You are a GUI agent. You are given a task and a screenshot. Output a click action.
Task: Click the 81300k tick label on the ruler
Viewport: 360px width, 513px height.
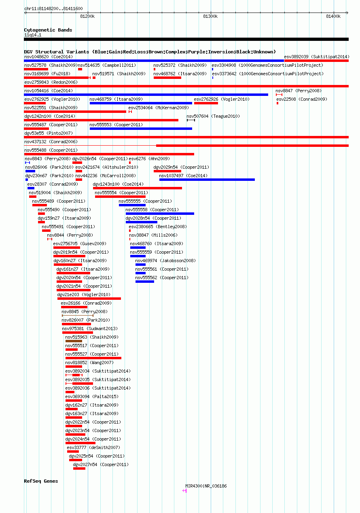coord(210,16)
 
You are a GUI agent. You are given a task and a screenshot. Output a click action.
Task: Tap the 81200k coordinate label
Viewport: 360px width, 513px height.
coord(87,16)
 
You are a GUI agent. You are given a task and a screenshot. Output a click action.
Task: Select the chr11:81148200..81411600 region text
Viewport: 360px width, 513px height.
coord(53,8)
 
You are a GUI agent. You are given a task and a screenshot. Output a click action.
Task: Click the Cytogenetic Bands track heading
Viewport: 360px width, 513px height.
coord(48,30)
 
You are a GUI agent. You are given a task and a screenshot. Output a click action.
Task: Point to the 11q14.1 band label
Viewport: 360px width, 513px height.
coord(33,35)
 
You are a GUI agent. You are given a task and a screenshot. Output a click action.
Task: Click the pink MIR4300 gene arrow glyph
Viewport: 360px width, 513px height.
coord(184,491)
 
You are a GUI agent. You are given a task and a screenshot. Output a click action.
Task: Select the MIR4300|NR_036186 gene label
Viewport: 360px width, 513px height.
coord(206,486)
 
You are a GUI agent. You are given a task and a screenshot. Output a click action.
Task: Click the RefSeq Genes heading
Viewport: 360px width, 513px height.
coord(41,481)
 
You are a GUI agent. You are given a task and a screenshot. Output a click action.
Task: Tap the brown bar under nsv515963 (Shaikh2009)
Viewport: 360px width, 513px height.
coord(74,341)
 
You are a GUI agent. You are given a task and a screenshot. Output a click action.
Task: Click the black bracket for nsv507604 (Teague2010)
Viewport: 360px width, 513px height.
coord(191,120)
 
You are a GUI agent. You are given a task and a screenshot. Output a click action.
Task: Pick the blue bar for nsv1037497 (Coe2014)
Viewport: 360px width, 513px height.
coord(207,180)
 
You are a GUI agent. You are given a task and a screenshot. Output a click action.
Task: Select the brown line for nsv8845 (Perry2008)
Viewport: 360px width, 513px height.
coord(78,316)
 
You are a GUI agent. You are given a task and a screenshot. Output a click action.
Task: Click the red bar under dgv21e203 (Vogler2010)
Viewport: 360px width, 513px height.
coord(89,299)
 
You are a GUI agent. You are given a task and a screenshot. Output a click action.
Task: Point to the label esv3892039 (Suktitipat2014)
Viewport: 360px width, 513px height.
coord(317,57)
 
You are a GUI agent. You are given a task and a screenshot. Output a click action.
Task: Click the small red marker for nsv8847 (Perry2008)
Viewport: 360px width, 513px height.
coord(279,95)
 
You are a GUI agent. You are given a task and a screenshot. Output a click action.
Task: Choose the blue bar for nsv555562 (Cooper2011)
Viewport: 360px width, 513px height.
coord(145,282)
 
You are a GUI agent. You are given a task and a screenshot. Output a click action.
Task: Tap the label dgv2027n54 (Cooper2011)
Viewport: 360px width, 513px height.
coord(101,464)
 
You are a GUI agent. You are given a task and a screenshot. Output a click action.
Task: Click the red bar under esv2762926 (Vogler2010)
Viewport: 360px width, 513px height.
coord(206,103)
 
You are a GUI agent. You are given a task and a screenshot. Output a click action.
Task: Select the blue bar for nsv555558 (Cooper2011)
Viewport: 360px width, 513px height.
coord(160,214)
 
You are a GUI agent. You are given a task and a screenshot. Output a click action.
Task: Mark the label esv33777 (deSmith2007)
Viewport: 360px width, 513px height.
coord(93,447)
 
